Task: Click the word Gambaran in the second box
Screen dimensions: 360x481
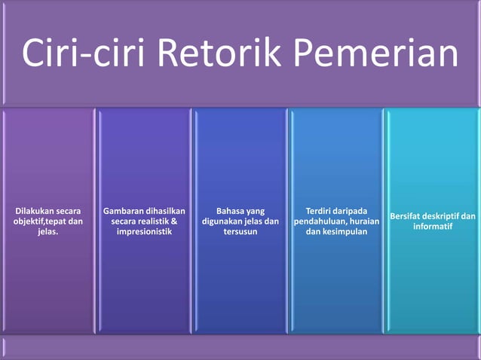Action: [x=126, y=211]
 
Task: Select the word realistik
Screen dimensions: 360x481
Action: [x=146, y=221]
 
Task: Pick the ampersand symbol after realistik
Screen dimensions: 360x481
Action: [x=174, y=221]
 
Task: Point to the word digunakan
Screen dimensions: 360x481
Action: [x=224, y=221]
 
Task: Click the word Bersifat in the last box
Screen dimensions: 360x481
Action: [x=407, y=217]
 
